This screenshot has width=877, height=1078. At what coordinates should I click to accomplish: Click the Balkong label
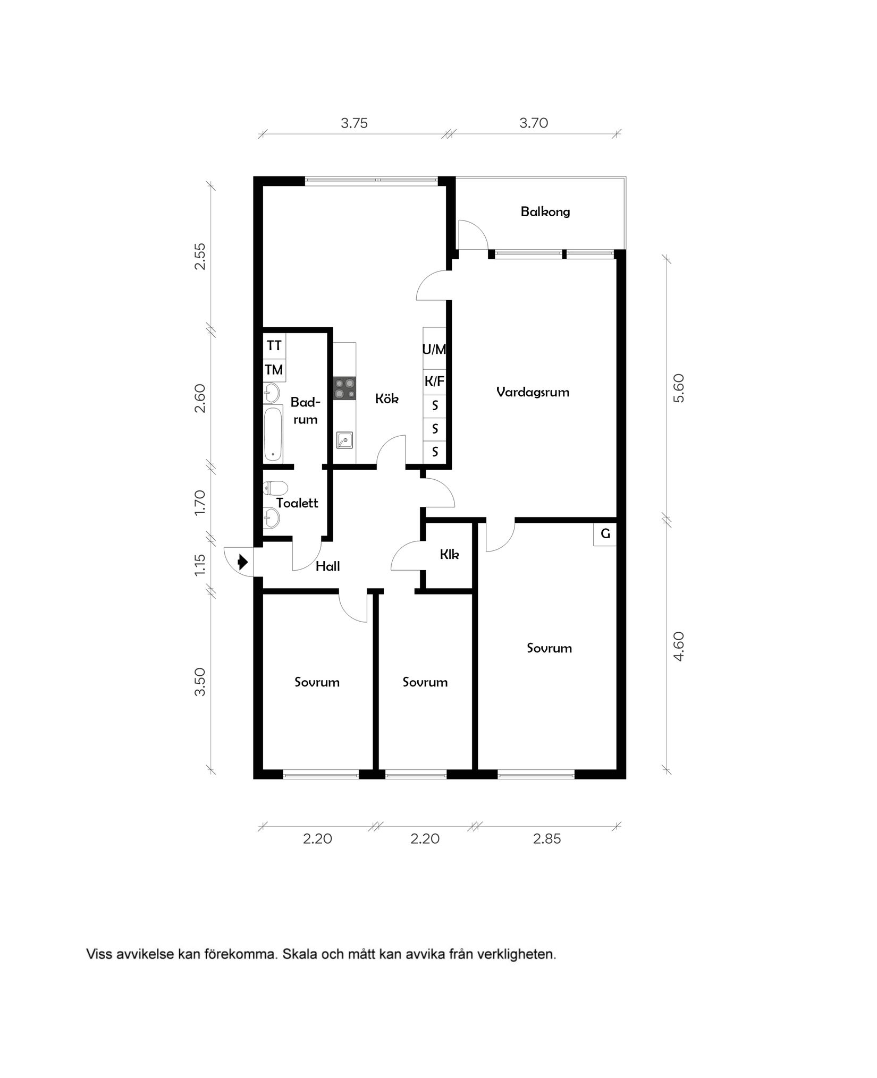pos(545,212)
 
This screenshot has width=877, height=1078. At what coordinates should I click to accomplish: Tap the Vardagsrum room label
pos(533,392)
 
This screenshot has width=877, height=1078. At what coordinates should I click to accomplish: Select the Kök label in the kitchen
pos(386,398)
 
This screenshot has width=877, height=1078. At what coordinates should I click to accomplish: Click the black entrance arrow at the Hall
pos(243,562)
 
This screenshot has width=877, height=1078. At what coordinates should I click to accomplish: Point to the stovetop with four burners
pos(344,388)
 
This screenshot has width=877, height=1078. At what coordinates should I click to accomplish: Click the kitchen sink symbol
pos(344,440)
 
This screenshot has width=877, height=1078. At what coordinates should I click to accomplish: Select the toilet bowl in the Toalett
pos(276,487)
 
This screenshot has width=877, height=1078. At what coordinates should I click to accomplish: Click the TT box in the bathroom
pos(274,345)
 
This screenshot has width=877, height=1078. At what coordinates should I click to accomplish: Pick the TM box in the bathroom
pos(274,369)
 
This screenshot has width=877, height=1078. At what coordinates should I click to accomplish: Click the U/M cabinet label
pos(434,349)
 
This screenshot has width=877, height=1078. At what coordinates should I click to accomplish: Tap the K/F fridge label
pos(434,381)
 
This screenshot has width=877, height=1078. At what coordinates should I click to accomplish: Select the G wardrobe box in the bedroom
pos(605,534)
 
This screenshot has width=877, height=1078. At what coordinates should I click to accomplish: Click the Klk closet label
pos(449,555)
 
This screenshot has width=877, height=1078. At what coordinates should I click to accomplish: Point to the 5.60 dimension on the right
pos(679,388)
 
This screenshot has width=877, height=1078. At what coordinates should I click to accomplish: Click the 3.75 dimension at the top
pos(354,123)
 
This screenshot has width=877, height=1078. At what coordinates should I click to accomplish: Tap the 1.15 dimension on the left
pos(200,565)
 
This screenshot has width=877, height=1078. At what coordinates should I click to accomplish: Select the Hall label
pos(327,566)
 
